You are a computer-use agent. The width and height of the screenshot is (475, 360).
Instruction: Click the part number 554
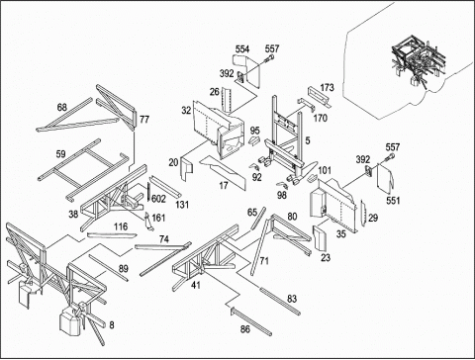click(242, 49)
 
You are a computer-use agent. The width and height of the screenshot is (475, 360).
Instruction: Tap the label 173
click(327, 88)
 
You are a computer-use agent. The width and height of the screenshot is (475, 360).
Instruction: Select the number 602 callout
click(158, 199)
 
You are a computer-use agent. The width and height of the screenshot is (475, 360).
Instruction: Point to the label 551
click(393, 201)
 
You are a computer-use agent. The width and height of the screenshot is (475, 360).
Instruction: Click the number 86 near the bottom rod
click(245, 329)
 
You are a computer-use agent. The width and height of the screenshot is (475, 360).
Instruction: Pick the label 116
click(121, 226)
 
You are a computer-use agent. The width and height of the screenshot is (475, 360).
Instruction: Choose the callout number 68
click(62, 108)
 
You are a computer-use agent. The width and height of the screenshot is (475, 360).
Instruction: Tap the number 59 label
click(60, 154)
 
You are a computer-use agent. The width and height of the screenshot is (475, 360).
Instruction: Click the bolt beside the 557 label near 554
click(268, 59)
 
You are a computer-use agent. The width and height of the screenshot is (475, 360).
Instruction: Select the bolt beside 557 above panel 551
click(389, 158)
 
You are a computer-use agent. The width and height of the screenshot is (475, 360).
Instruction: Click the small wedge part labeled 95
click(254, 140)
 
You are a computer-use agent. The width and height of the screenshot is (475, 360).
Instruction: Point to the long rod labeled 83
click(280, 302)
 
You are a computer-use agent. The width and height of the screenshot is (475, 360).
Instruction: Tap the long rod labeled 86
click(251, 320)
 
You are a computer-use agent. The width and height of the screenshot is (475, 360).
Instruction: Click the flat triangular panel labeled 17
click(224, 171)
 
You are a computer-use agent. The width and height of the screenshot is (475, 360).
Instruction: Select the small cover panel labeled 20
click(188, 169)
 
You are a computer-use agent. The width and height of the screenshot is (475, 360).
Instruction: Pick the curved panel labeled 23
click(320, 237)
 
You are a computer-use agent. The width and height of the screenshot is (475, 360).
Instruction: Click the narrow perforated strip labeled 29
click(363, 214)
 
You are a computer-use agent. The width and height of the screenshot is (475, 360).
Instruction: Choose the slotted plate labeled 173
click(320, 97)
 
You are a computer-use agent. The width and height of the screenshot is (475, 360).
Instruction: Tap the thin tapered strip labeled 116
click(112, 235)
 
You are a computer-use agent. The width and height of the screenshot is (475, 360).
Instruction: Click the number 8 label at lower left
click(112, 325)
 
